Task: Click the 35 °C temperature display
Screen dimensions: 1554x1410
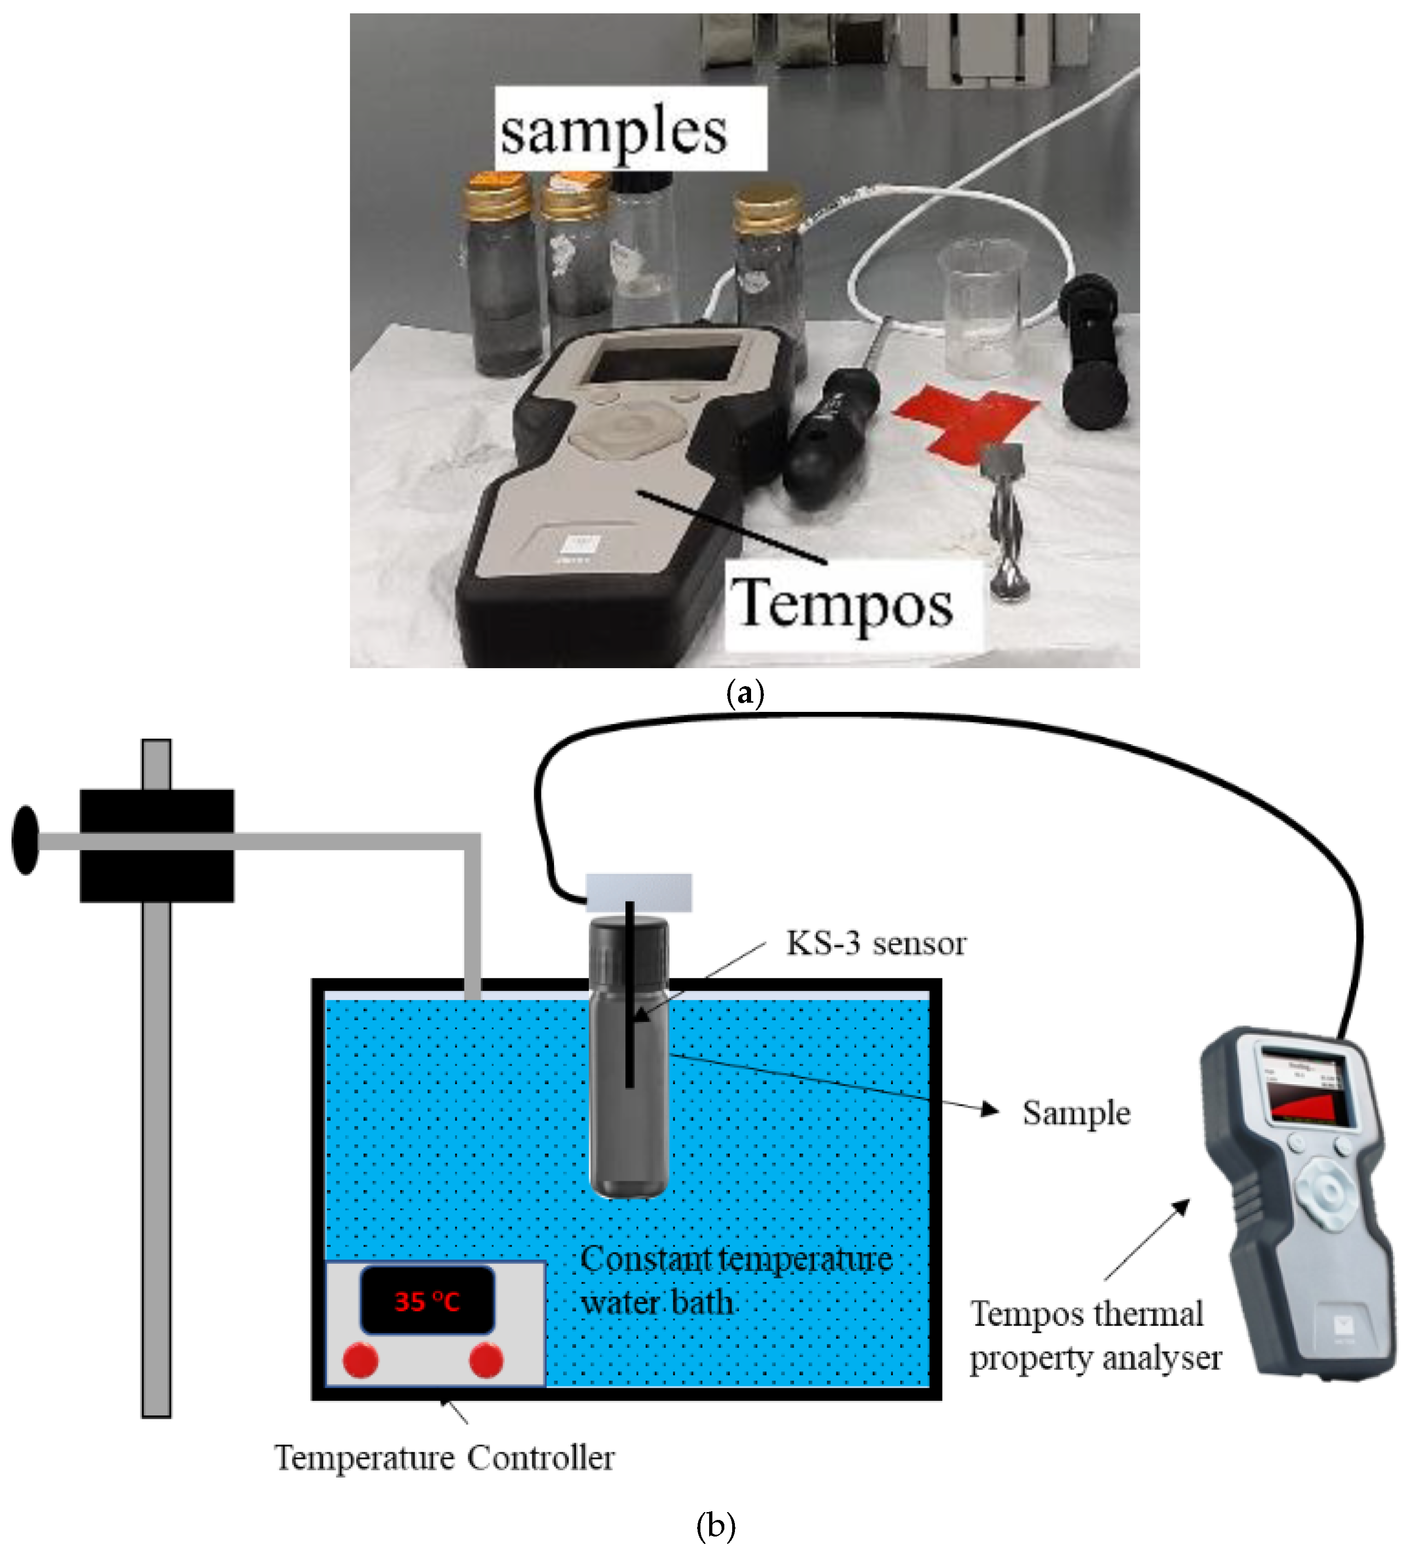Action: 426,1302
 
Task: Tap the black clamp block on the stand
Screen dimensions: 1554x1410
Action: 157,846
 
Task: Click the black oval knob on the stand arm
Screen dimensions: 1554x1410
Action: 25,840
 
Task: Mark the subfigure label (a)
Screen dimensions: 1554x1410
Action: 745,694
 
